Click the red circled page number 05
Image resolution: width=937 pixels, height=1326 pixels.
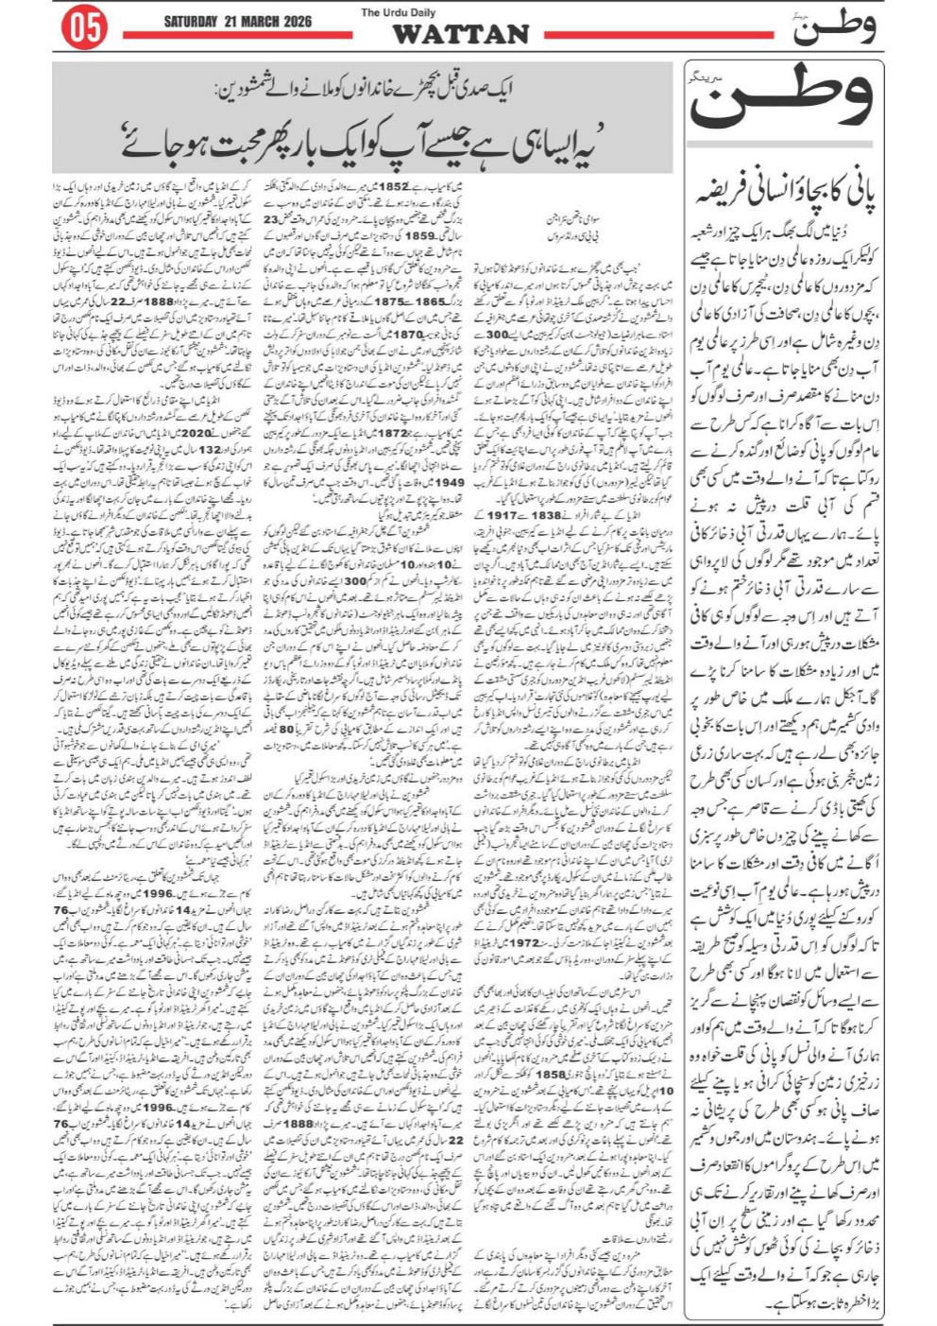(x=83, y=29)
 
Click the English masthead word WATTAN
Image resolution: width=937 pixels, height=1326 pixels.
(x=460, y=35)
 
